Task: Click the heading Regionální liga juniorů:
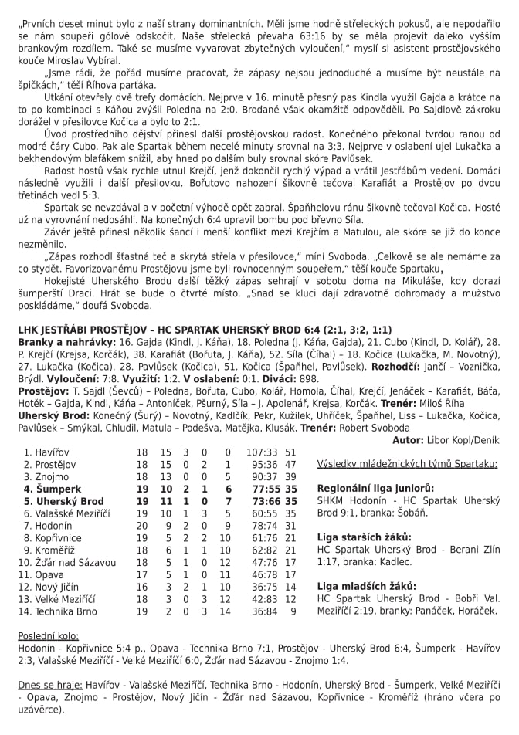click(375, 489)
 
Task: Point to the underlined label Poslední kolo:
click(49, 635)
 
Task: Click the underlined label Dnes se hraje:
click(49, 684)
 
